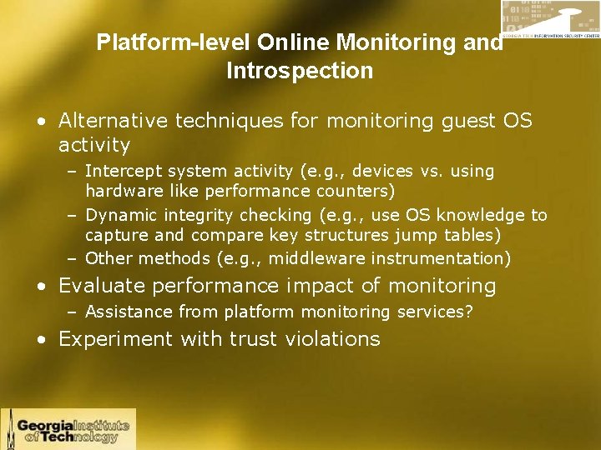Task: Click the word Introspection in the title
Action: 300,72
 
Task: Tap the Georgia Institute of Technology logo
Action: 68,429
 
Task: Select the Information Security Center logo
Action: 549,28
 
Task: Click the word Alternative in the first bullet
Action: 114,122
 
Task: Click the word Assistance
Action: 127,312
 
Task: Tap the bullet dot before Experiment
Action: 41,340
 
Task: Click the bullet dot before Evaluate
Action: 41,287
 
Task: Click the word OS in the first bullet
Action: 517,122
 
